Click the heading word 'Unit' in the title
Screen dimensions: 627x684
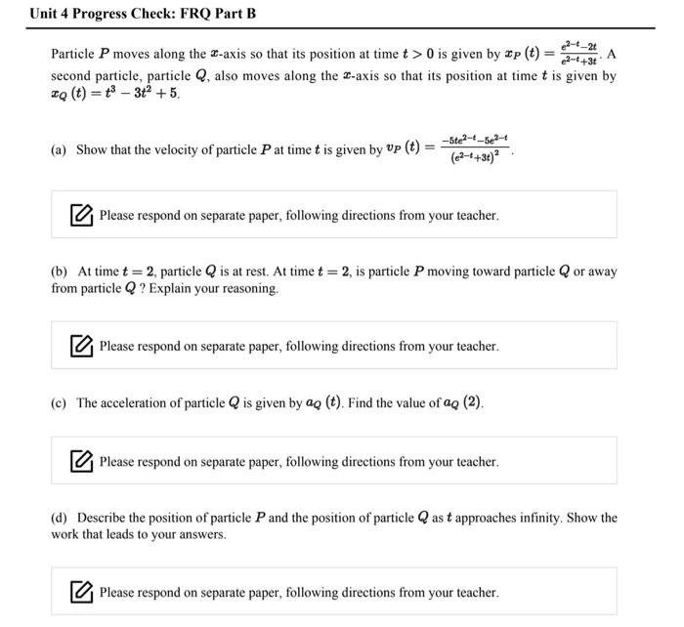pyautogui.click(x=45, y=14)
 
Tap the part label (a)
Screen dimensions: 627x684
pyautogui.click(x=60, y=150)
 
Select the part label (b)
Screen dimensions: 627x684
pyautogui.click(x=60, y=272)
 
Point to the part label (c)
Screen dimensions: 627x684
pyautogui.click(x=60, y=403)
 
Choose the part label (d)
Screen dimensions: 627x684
pyautogui.click(x=60, y=518)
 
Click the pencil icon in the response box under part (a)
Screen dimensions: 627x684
pyautogui.click(x=82, y=215)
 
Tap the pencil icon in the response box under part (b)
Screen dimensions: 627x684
pyautogui.click(x=82, y=346)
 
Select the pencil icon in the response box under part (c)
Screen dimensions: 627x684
pyautogui.click(x=82, y=461)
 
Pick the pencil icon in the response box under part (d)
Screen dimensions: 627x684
pyautogui.click(x=82, y=592)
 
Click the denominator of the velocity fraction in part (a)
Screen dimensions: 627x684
pyautogui.click(x=476, y=158)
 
